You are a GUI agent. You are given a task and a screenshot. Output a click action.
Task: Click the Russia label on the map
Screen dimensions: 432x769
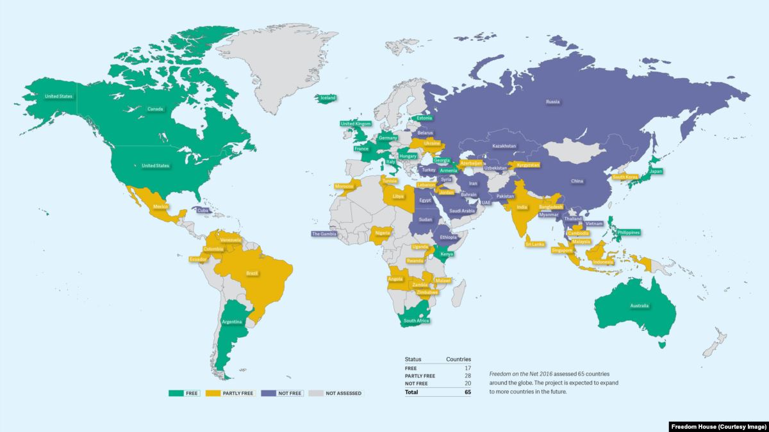[553, 102]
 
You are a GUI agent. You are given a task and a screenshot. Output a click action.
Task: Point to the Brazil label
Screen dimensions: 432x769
[252, 273]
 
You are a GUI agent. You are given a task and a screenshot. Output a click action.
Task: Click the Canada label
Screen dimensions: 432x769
[155, 109]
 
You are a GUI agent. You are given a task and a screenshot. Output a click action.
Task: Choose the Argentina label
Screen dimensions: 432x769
[231, 323]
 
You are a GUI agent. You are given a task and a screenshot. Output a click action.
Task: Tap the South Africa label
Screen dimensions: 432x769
[416, 320]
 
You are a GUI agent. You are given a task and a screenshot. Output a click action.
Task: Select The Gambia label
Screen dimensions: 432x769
[324, 234]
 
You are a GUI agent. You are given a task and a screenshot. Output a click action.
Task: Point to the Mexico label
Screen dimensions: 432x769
[161, 207]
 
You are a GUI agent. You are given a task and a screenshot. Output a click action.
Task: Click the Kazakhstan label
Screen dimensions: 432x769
[504, 146]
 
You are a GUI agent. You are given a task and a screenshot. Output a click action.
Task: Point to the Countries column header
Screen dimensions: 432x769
[458, 359]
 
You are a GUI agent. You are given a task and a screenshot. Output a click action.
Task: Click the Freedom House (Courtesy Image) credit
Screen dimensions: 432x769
[718, 426]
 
